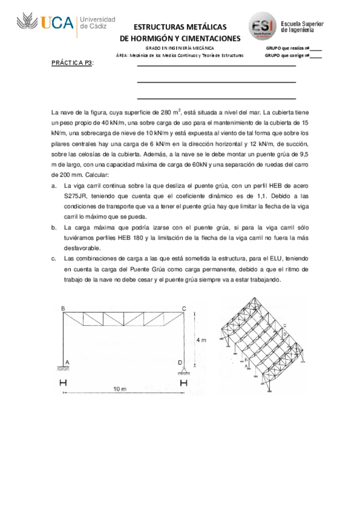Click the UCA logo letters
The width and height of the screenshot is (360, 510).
58,23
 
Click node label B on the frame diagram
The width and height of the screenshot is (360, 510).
63,309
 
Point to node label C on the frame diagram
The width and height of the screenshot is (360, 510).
184,309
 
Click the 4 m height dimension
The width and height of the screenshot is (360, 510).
201,340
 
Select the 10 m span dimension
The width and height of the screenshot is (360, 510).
120,389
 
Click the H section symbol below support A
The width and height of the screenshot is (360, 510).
63,383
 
